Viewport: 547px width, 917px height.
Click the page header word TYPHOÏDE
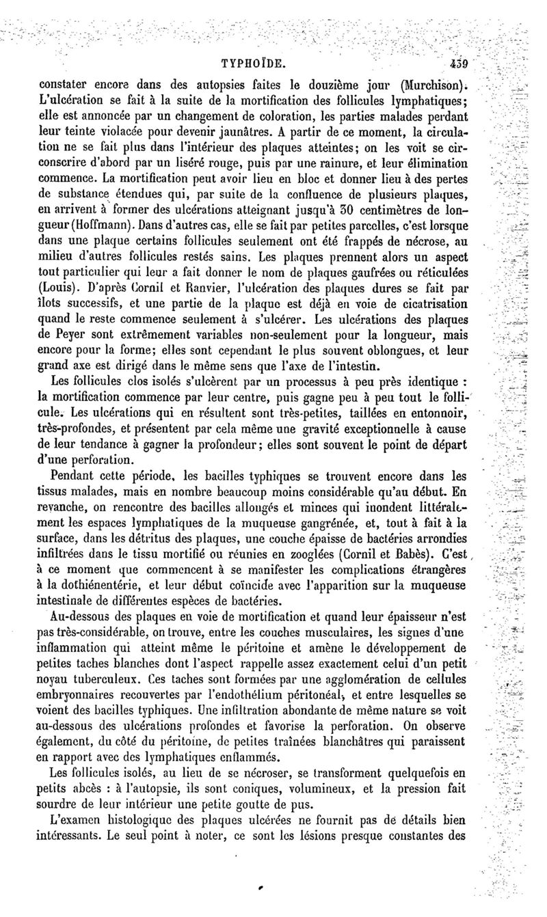(252, 66)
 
